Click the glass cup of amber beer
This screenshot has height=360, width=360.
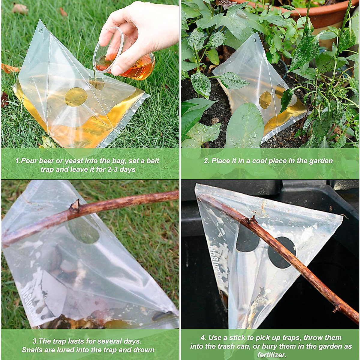(132, 64)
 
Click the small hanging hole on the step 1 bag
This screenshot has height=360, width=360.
(40, 30)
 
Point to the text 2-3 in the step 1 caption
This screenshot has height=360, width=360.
(110, 169)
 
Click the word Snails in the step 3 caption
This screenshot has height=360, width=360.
(31, 350)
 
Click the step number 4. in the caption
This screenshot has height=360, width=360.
(203, 338)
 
